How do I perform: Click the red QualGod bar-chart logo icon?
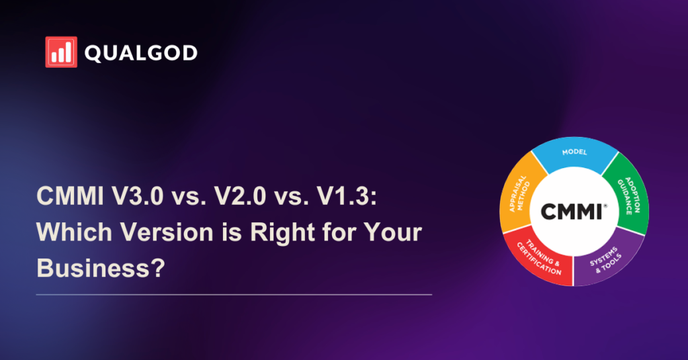(x=61, y=52)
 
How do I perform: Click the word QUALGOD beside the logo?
(x=141, y=53)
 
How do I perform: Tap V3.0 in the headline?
(x=137, y=195)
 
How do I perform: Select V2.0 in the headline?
(x=240, y=195)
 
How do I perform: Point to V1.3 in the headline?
(x=343, y=195)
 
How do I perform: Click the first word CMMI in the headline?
(x=70, y=195)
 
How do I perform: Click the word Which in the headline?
(x=74, y=232)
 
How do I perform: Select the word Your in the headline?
(x=392, y=232)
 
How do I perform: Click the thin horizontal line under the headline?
(x=234, y=295)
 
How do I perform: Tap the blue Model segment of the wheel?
(x=575, y=155)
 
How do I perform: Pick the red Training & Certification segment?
(x=540, y=259)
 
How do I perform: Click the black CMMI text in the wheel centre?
(x=572, y=212)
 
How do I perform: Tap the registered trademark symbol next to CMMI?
(x=606, y=206)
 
